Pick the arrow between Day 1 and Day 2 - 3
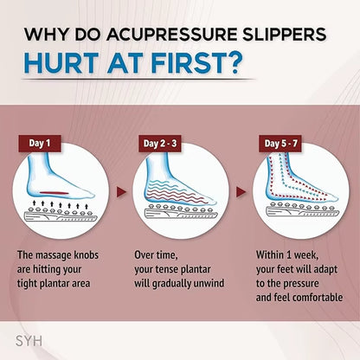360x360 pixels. (120, 189)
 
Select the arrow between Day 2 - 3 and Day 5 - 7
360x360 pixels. (242, 189)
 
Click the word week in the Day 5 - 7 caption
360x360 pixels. (313, 255)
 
